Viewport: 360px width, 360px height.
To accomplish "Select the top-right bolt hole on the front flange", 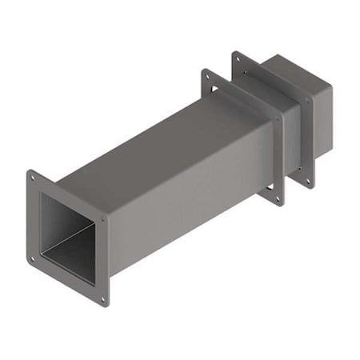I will [x=102, y=218].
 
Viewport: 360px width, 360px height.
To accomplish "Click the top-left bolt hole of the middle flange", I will [x=208, y=76].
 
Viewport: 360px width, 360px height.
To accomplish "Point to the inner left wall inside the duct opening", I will [x=50, y=224].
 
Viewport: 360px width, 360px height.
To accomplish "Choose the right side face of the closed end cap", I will [x=320, y=128].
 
